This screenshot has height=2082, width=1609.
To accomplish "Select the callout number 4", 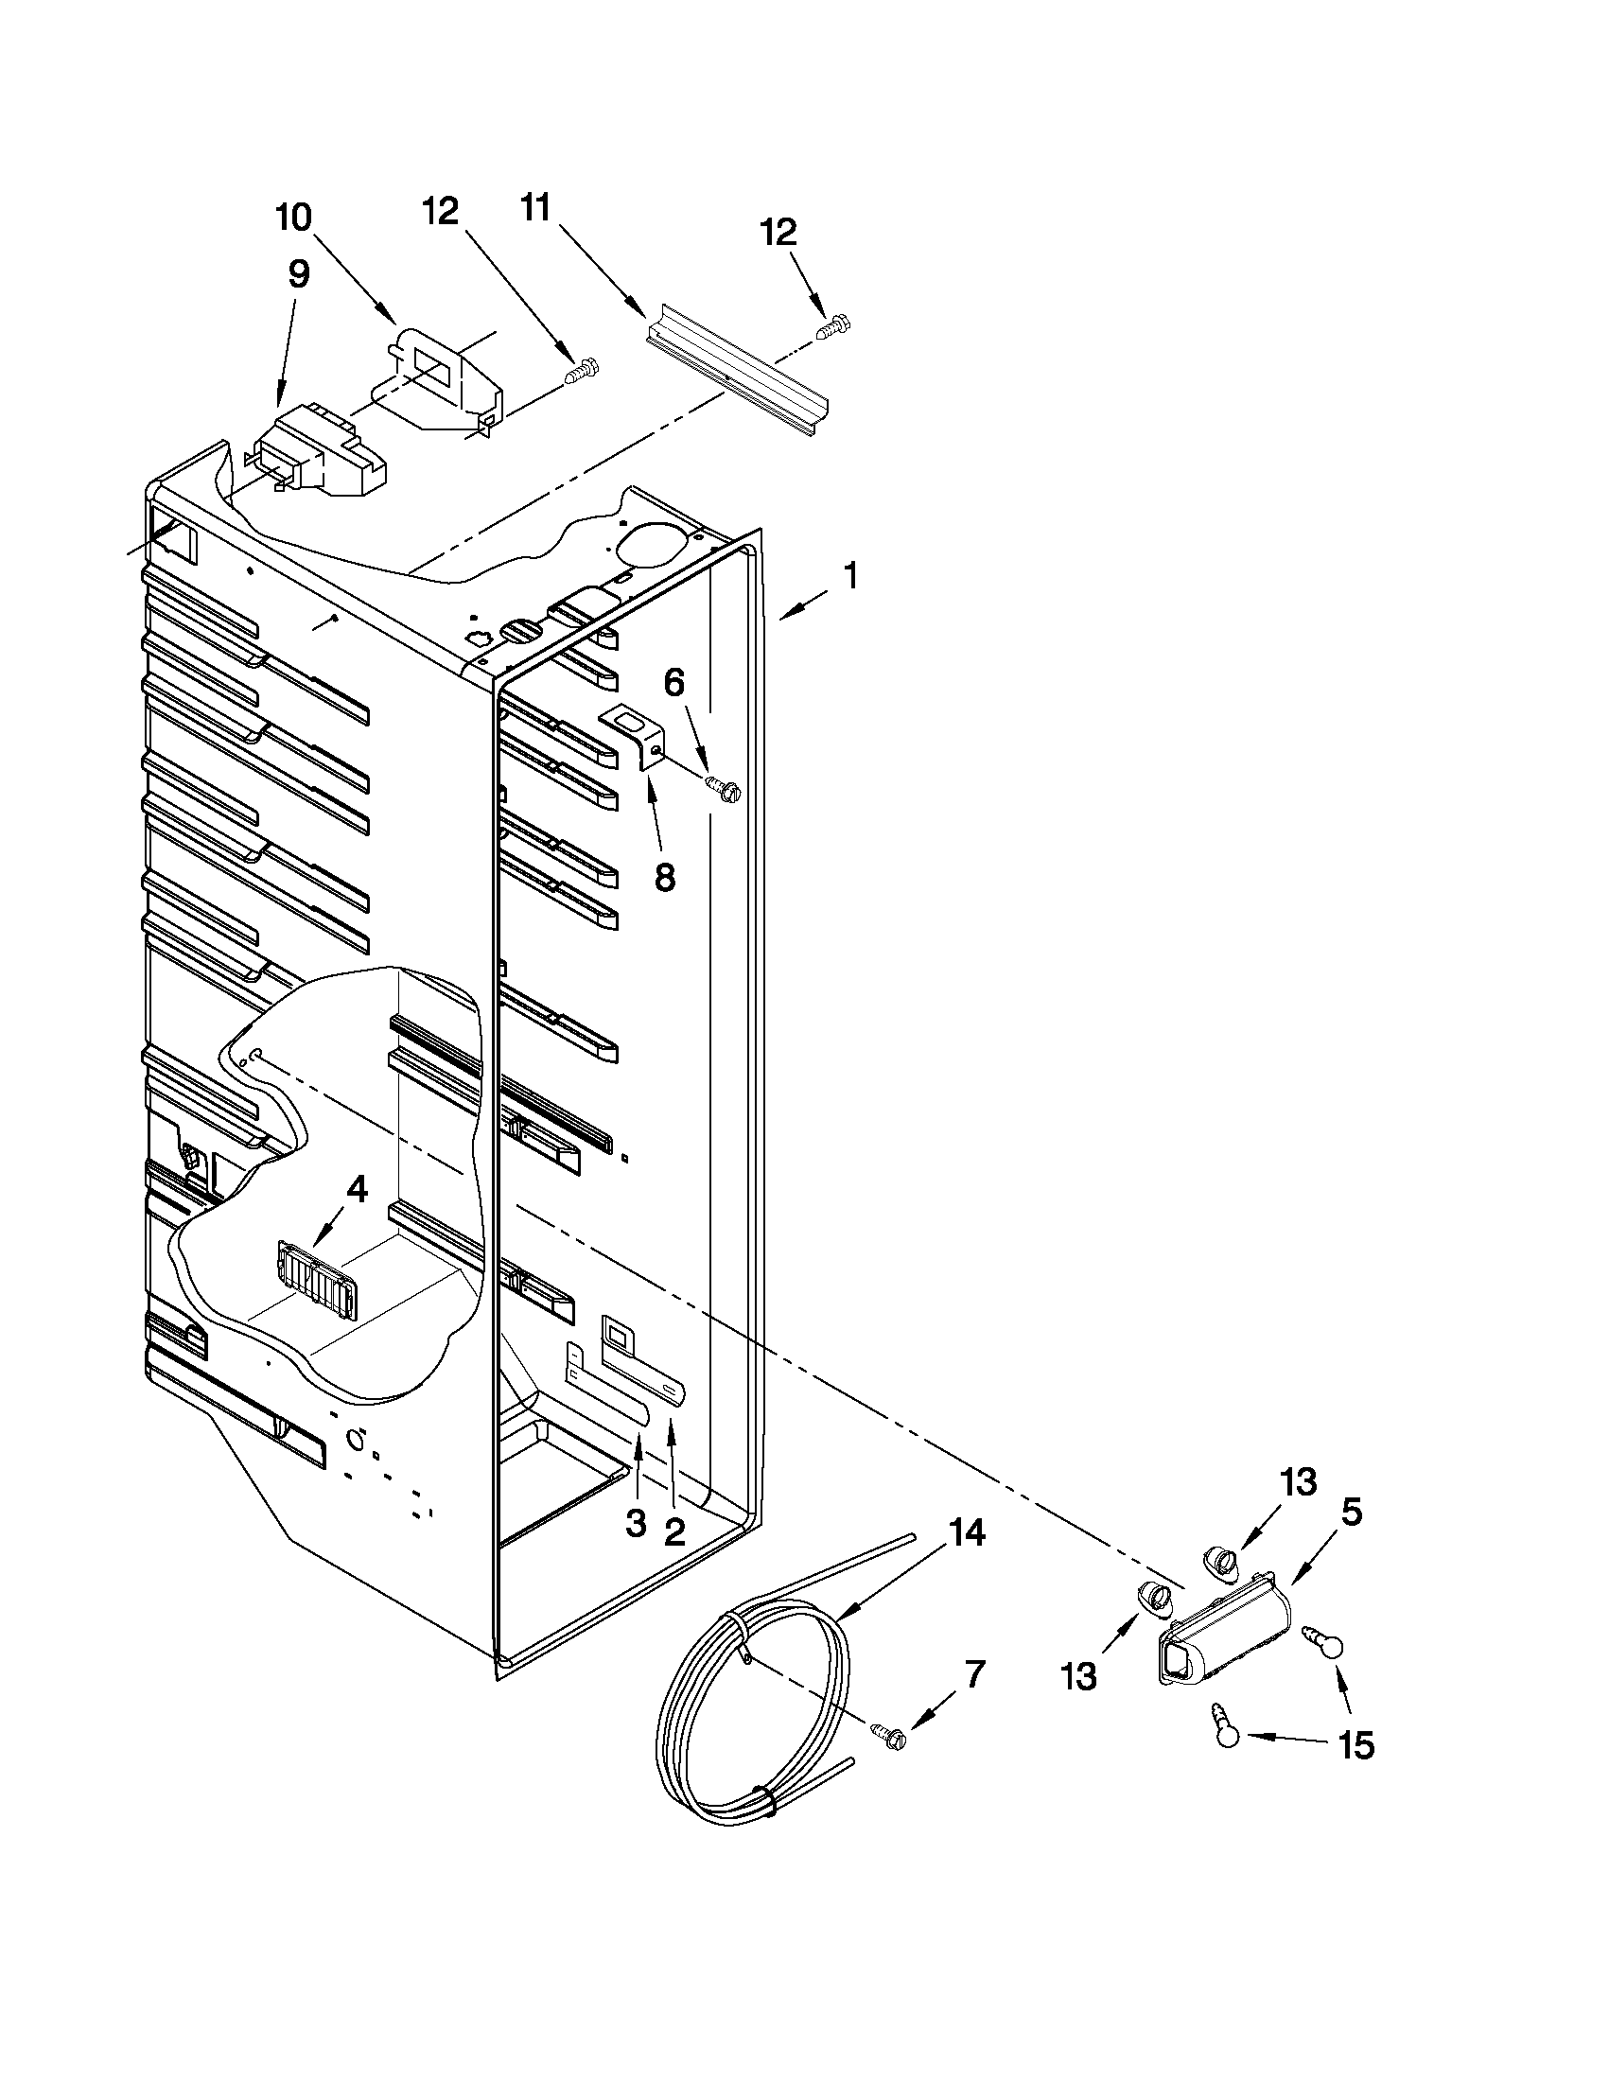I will pos(357,1188).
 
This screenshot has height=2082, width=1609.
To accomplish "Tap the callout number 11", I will pos(534,208).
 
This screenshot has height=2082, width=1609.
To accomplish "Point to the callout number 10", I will pos(293,219).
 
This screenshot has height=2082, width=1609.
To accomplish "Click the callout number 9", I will pos(298,274).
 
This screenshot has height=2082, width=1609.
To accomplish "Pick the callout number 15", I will pos(1355,1745).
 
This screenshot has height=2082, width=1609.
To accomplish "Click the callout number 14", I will pos(966,1533).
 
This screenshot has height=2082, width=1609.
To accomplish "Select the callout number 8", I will pos(664,876).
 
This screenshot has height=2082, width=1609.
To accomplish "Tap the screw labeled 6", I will pos(722,786).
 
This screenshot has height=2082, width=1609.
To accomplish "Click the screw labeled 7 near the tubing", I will pos(890,1734).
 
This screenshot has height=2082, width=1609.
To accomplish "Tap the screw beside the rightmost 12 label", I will pos(834,327).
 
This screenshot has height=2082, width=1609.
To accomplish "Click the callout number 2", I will pos(673,1532).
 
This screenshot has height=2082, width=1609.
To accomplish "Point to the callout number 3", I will pos(636,1522).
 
